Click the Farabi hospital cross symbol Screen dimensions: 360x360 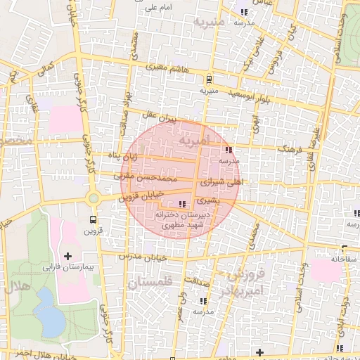pyautogui.click(x=68, y=256)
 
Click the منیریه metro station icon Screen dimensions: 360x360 pyautogui.click(x=209, y=79)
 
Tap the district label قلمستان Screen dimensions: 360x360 pyautogui.click(x=152, y=283)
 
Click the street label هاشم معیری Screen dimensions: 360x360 pyautogui.click(x=167, y=68)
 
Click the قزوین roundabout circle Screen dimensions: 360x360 pyautogui.click(x=94, y=199)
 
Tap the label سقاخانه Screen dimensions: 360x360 pyautogui.click(x=345, y=259)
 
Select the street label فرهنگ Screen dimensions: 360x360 pyautogui.click(x=292, y=149)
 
